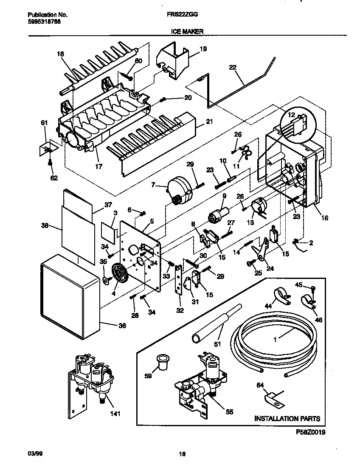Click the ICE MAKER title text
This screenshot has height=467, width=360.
(x=187, y=31)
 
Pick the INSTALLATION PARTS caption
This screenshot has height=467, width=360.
(x=287, y=419)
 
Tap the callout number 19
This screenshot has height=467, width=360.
(x=203, y=49)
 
